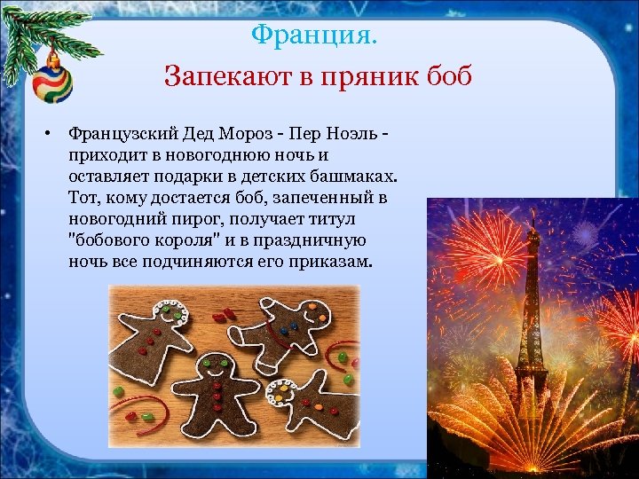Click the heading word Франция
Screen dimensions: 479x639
coord(313,36)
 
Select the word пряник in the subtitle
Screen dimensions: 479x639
coord(373,76)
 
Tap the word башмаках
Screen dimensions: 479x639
coord(353,177)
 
